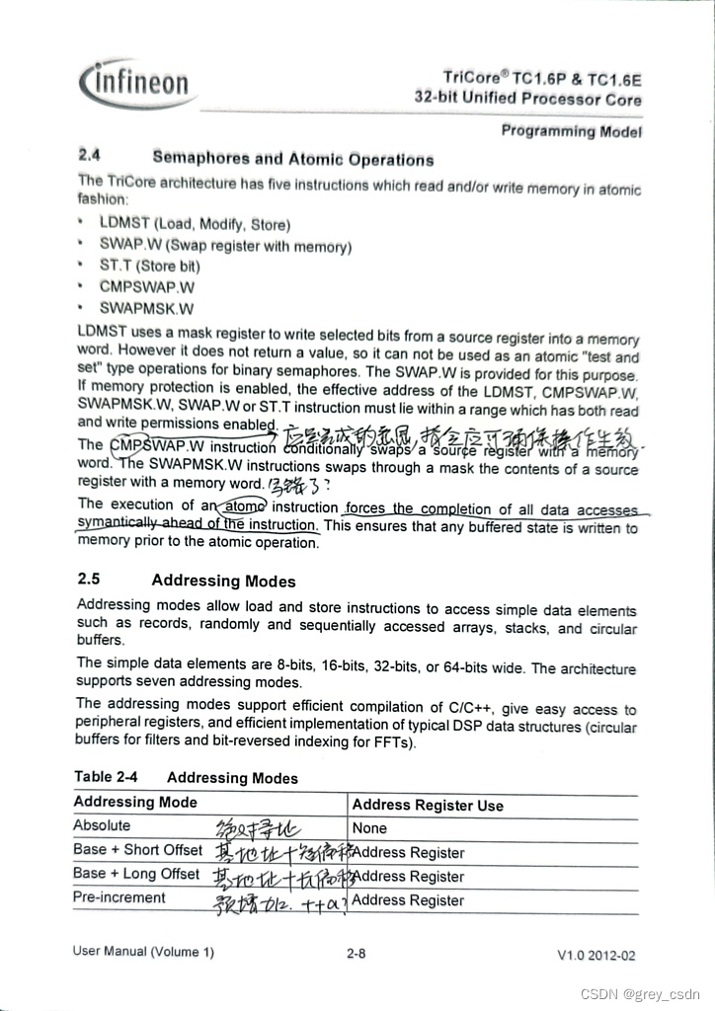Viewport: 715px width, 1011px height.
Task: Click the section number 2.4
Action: click(90, 155)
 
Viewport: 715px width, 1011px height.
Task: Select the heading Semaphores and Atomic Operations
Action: click(293, 159)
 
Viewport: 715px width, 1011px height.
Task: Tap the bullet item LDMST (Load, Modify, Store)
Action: click(195, 224)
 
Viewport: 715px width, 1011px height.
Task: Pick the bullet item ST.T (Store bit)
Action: click(149, 266)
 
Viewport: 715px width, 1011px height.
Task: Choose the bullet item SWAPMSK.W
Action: click(146, 308)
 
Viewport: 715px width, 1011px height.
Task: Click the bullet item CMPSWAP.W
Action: click(146, 287)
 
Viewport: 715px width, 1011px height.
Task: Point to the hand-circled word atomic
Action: click(242, 505)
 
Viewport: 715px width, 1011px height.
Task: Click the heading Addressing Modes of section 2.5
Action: click(223, 581)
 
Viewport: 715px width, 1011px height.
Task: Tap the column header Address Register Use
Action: click(428, 806)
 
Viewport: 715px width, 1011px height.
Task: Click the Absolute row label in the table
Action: click(102, 825)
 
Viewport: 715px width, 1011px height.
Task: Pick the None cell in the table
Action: click(369, 828)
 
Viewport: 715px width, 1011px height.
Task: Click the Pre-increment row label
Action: click(119, 897)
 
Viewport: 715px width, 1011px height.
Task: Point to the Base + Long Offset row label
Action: click(136, 874)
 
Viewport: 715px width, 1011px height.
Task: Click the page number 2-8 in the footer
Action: click(357, 954)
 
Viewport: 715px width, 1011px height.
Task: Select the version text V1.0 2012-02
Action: click(596, 956)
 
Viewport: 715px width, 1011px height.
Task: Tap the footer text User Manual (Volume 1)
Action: click(142, 952)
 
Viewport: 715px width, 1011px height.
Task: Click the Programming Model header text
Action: click(571, 131)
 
